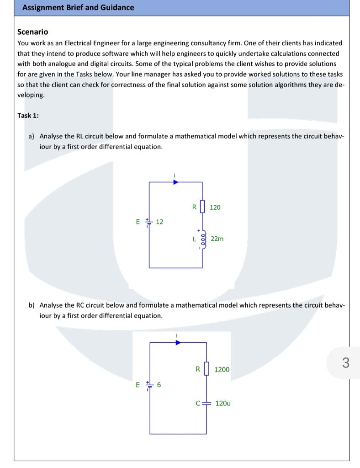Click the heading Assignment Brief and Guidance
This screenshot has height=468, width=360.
[78, 8]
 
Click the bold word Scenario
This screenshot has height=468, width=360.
[32, 32]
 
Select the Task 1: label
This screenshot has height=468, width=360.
[28, 115]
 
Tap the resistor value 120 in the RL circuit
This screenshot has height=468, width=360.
[215, 207]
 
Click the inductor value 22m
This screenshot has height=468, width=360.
[217, 239]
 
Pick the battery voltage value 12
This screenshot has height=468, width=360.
[159, 222]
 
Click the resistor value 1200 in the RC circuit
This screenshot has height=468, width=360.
[222, 369]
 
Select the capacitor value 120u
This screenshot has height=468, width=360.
[223, 404]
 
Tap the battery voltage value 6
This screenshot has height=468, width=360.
[159, 385]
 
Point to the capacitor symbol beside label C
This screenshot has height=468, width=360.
[206, 404]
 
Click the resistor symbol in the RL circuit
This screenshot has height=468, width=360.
[202, 207]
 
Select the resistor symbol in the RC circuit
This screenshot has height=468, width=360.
[206, 369]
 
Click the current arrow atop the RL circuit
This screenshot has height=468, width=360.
[175, 182]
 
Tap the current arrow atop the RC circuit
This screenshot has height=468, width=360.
[178, 342]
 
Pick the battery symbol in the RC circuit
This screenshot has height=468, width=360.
[148, 385]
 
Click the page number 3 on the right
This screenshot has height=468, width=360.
[345, 363]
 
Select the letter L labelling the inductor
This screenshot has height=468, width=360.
[194, 239]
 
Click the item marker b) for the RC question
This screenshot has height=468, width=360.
[32, 305]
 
